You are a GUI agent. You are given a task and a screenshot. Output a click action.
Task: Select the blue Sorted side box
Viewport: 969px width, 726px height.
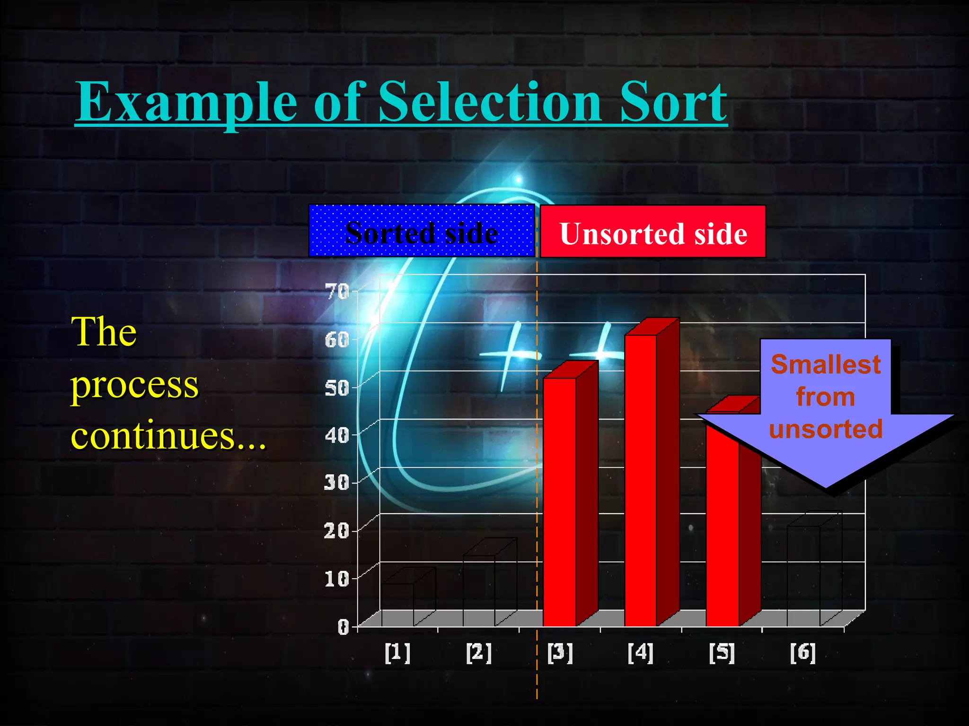click(421, 231)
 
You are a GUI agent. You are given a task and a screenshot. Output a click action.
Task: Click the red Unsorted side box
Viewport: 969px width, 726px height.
click(652, 232)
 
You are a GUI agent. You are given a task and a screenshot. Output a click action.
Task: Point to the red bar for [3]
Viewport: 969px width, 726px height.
click(560, 501)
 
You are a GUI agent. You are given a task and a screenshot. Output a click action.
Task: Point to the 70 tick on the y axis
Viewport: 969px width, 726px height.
click(337, 292)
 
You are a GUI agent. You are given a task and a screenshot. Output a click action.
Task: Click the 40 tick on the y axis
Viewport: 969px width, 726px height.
click(337, 435)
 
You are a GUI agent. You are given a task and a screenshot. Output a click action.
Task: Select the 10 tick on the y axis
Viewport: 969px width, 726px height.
click(337, 579)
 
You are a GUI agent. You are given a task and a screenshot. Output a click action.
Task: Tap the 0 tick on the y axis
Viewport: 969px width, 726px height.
click(343, 627)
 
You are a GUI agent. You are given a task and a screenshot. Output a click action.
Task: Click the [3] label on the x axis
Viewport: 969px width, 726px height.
click(560, 653)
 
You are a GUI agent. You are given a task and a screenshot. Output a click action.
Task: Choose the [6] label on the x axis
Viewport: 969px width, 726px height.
click(803, 653)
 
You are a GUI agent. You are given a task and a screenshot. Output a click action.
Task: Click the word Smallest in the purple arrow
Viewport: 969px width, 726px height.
click(826, 364)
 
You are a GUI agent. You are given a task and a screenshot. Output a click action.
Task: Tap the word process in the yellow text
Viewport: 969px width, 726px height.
click(134, 385)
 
